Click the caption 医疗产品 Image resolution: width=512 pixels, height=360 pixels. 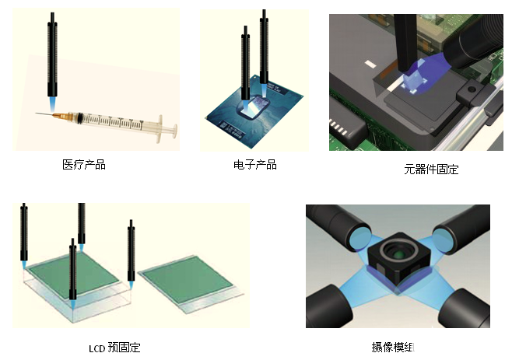click(84, 165)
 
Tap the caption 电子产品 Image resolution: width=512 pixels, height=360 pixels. click(255, 165)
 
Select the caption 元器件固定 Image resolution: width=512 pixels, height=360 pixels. click(431, 170)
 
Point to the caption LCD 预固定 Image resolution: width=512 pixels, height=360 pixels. click(114, 348)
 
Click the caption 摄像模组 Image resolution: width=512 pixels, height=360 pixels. click(393, 347)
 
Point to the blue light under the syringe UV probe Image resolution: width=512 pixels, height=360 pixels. click(52, 104)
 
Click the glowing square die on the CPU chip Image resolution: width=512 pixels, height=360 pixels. click(255, 107)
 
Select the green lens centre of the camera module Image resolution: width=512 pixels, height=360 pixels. click(397, 254)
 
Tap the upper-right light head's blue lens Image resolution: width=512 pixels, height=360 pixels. click(443, 240)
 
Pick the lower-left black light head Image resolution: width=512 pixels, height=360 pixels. click(328, 306)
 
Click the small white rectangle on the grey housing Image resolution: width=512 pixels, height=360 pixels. click(370, 64)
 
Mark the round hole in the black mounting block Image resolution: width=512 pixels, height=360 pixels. click(472, 89)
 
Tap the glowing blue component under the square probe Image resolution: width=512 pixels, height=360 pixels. click(414, 82)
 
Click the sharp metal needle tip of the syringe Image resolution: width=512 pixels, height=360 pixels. click(37, 114)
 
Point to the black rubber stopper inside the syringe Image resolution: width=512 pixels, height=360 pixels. click(79, 118)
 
